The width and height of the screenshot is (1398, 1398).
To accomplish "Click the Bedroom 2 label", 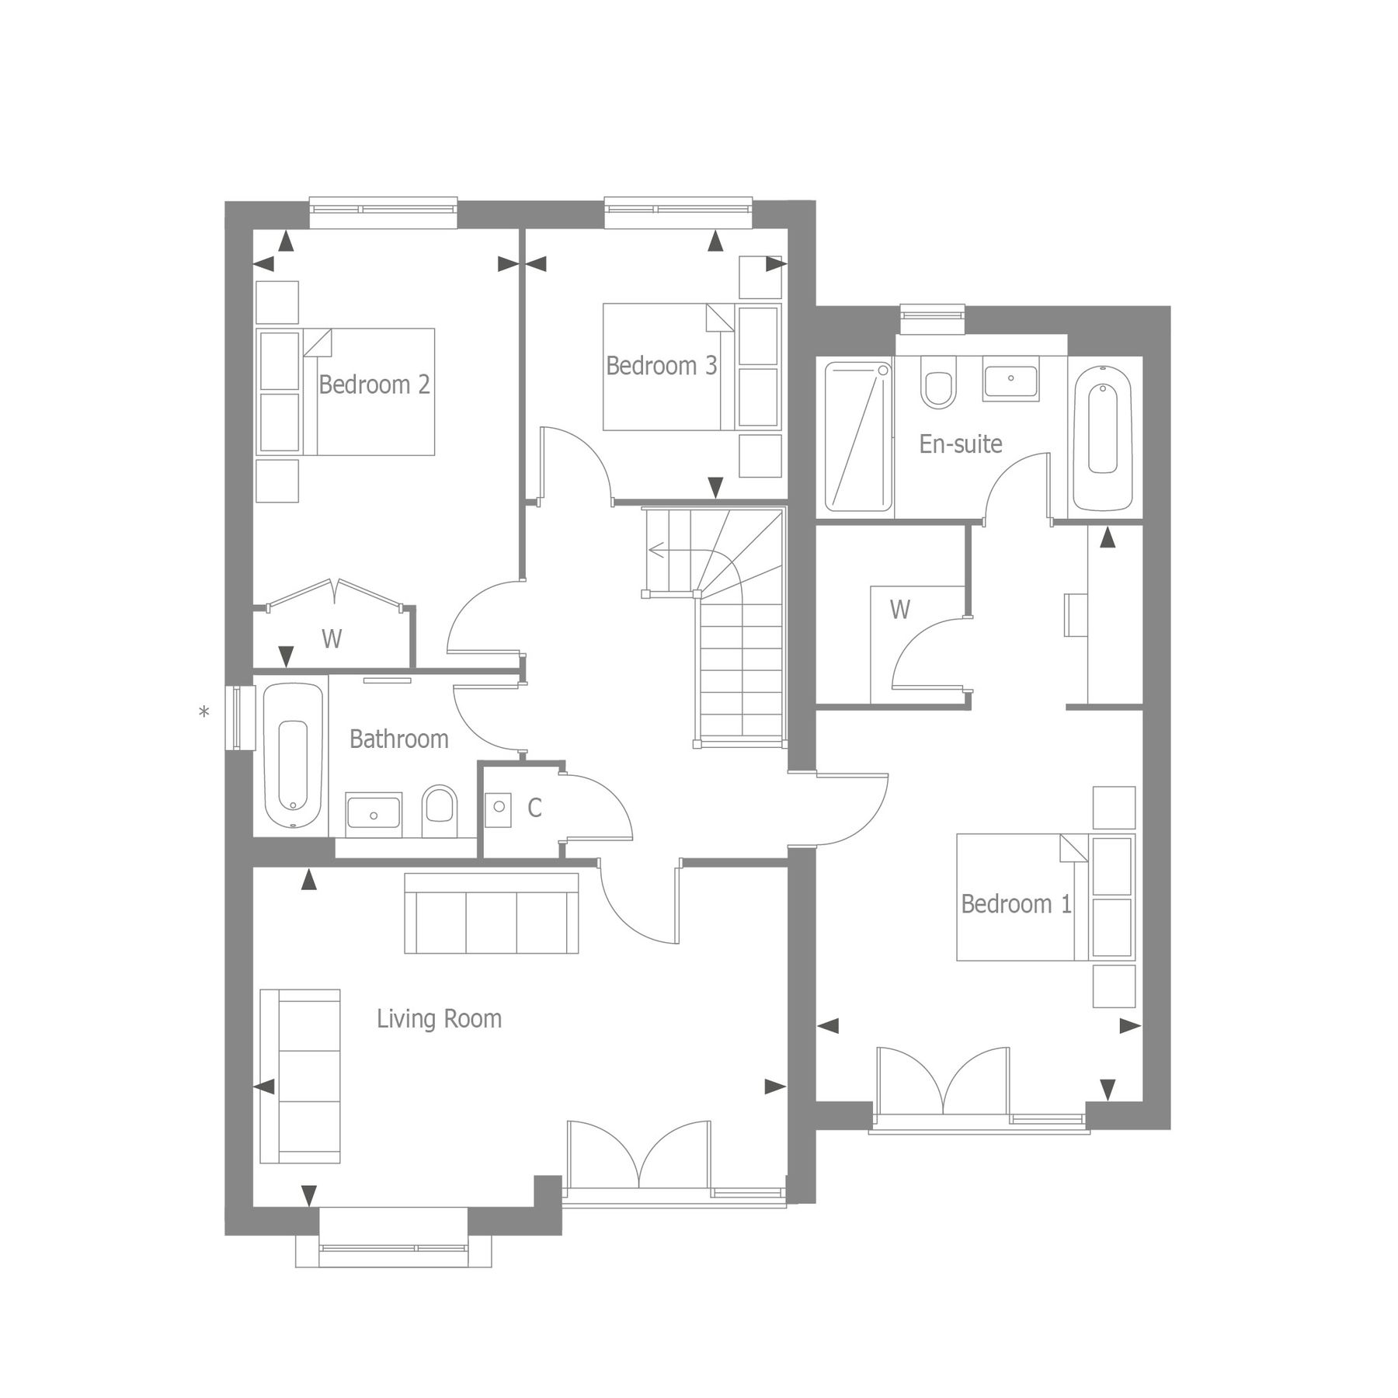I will (374, 384).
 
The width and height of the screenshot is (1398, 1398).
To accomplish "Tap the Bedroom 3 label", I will (661, 366).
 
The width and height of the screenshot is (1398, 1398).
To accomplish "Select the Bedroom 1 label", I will (1016, 903).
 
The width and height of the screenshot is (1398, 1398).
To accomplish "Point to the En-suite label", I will (960, 443).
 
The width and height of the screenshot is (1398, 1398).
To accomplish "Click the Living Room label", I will (439, 1018).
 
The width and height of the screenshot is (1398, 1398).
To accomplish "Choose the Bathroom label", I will (398, 739).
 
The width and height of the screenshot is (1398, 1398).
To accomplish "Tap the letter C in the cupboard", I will (534, 809).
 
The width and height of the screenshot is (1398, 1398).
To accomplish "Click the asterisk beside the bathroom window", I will (204, 712).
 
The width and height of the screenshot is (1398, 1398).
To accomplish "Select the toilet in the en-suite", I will (938, 383).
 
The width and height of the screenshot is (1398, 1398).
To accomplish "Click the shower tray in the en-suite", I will (857, 436).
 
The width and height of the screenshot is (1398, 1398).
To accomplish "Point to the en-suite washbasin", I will (1010, 380).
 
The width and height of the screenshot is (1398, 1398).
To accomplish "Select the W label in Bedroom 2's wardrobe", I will (332, 639).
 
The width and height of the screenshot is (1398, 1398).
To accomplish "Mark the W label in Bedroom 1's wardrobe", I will (899, 610).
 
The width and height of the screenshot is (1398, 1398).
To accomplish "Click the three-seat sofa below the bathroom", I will (491, 913).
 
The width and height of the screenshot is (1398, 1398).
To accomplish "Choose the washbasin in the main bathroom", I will (374, 814).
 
